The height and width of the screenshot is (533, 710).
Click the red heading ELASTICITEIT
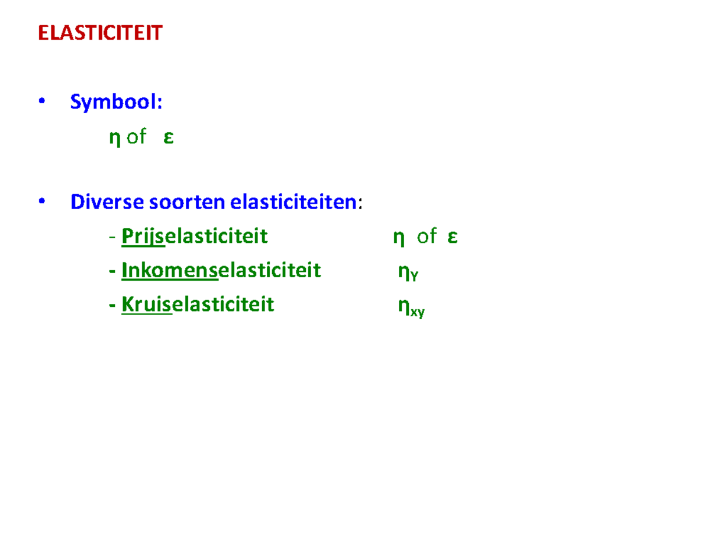(x=99, y=33)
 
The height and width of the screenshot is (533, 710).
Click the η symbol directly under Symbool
(x=115, y=138)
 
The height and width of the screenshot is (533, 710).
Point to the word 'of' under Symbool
(x=136, y=137)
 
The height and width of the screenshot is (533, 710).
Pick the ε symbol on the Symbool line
(x=169, y=138)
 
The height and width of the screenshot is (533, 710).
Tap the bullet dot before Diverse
(x=41, y=201)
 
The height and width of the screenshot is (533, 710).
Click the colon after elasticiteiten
(x=360, y=203)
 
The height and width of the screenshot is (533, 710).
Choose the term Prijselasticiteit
(x=194, y=236)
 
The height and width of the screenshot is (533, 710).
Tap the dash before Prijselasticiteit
(x=112, y=237)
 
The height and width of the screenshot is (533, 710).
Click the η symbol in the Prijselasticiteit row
(x=399, y=237)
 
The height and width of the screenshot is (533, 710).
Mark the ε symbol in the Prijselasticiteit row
(x=453, y=237)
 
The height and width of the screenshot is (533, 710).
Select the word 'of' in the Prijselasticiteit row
(x=426, y=236)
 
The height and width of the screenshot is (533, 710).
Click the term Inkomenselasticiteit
(x=221, y=271)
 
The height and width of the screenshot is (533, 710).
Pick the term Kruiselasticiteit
(x=198, y=304)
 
